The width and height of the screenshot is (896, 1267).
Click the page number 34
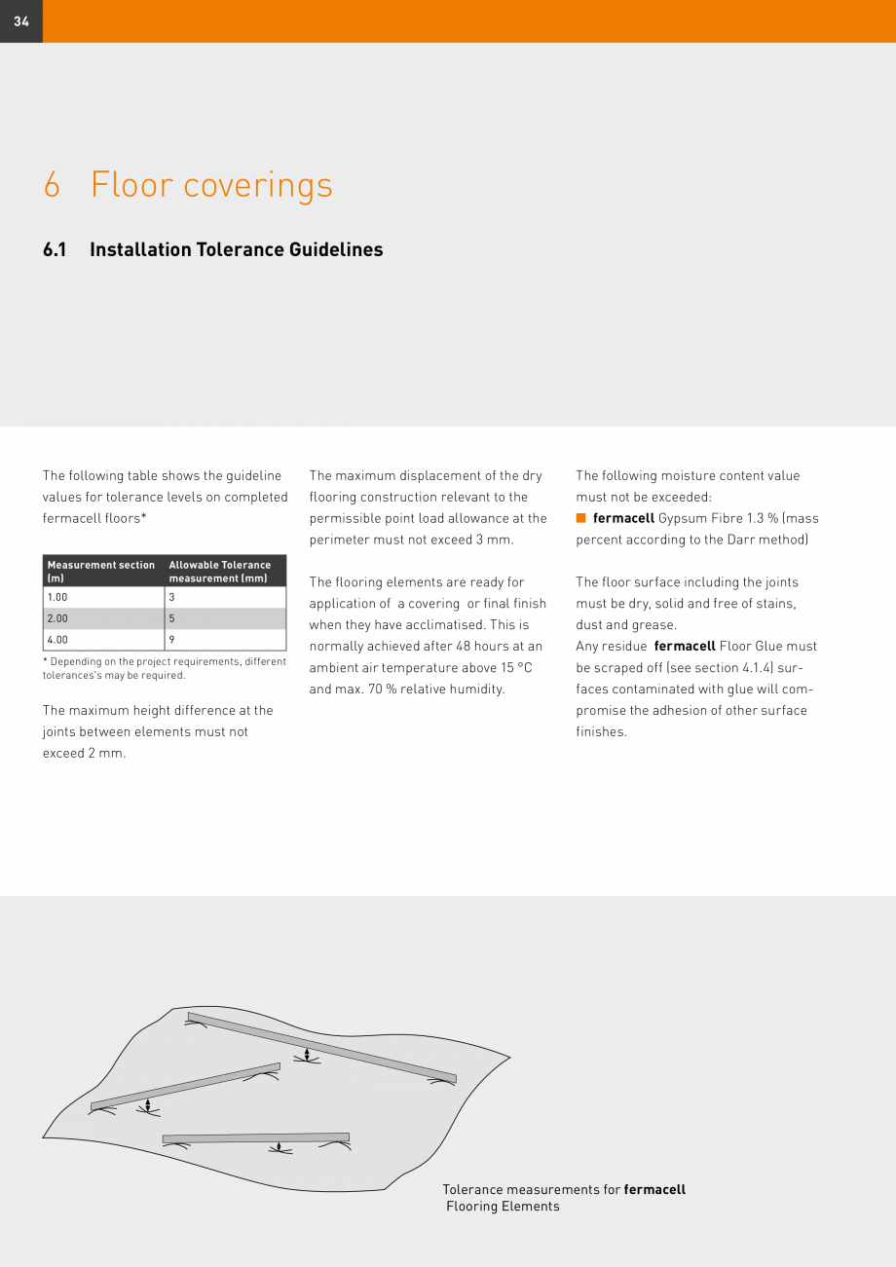pyautogui.click(x=21, y=21)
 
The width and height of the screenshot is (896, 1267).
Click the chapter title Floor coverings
pyautogui.click(x=211, y=185)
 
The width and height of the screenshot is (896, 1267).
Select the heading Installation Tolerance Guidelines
pyautogui.click(x=236, y=249)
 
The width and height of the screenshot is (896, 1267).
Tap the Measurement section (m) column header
pyautogui.click(x=101, y=572)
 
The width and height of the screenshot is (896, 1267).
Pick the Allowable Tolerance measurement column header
pyautogui.click(x=220, y=572)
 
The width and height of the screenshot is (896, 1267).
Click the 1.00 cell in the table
pyautogui.click(x=58, y=598)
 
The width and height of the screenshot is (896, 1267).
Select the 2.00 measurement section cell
pyautogui.click(x=58, y=618)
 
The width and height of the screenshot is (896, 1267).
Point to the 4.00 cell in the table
pyautogui.click(x=58, y=640)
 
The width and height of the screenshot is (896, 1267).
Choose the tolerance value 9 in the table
pyautogui.click(x=171, y=640)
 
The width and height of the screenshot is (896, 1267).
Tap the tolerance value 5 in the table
pyautogui.click(x=171, y=618)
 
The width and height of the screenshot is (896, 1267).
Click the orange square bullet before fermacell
pyautogui.click(x=581, y=517)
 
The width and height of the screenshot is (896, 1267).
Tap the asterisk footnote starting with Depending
pyautogui.click(x=164, y=668)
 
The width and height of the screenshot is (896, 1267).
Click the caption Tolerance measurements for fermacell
pyautogui.click(x=563, y=1190)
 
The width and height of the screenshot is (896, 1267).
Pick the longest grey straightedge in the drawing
pyautogui.click(x=321, y=1047)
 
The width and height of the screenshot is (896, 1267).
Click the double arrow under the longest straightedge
pyautogui.click(x=307, y=1055)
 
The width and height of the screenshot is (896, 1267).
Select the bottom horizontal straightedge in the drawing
pyautogui.click(x=255, y=1137)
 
